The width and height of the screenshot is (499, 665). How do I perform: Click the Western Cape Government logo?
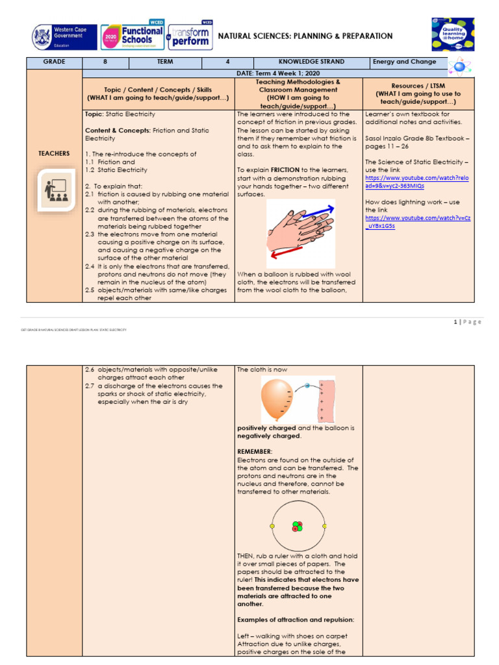[x=63, y=37]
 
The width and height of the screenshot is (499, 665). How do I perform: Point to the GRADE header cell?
[x=54, y=62]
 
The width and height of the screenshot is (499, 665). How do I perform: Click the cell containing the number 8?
[x=105, y=62]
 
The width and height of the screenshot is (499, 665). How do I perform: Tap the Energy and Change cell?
[x=403, y=62]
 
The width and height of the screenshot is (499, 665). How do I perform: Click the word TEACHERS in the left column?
[x=54, y=153]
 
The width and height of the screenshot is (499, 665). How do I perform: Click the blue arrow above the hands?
[x=318, y=211]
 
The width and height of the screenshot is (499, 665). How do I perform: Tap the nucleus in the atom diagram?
[x=298, y=526]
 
